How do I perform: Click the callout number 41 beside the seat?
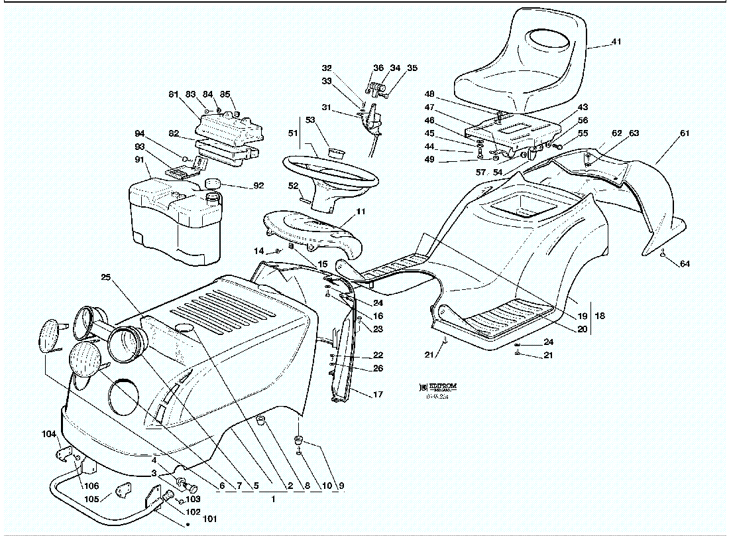pos(616,42)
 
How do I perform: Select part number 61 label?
pos(685,133)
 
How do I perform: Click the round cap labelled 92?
pos(213,183)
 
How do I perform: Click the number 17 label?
pos(377,395)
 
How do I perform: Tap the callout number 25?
pos(105,277)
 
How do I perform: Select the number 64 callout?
pos(685,264)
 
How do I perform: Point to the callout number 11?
pos(361,212)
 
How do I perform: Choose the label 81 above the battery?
pos(174,94)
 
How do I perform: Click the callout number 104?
pos(50,435)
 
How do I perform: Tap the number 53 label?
pos(310,119)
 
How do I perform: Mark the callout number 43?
pos(583,107)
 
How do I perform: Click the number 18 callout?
pos(600,316)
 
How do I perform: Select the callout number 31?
pos(326,107)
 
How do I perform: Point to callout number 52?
pos(292,186)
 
